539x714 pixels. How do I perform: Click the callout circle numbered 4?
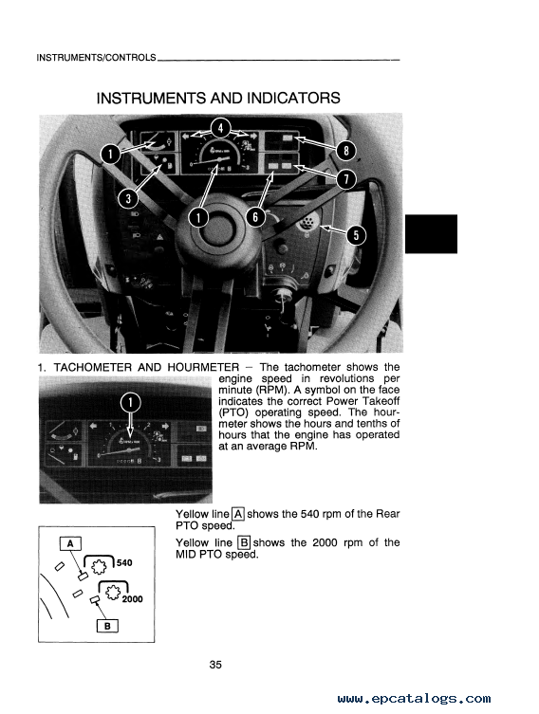(220, 128)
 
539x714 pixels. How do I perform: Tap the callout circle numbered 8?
(346, 150)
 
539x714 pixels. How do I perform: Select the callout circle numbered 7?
(346, 179)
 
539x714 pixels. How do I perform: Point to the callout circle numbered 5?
(356, 235)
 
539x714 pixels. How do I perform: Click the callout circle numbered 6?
(255, 217)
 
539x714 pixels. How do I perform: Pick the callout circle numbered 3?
(128, 198)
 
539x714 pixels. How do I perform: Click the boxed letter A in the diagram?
(70, 543)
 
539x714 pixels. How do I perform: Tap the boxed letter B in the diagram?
(107, 626)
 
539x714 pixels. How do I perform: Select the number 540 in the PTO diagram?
(124, 563)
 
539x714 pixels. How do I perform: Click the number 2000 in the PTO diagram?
(132, 599)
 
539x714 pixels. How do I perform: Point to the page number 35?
(215, 665)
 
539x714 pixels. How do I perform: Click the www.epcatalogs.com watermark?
(414, 699)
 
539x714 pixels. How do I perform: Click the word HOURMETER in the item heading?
(203, 368)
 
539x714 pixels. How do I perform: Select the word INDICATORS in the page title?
(293, 99)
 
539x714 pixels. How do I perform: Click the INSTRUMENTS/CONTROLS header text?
(96, 58)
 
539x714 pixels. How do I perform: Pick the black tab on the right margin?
(431, 233)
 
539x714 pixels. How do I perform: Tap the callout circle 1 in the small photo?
(130, 403)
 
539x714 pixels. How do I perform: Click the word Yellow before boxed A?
(192, 514)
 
